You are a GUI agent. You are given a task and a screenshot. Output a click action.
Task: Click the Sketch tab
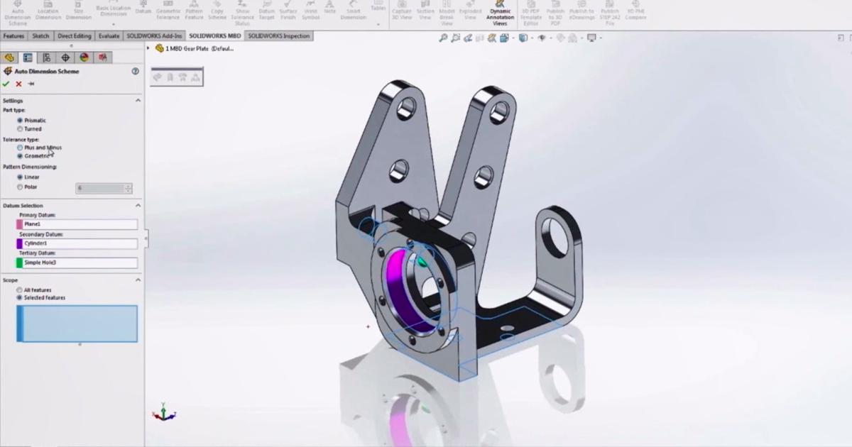pos(40,35)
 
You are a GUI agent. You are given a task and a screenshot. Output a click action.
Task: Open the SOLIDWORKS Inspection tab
pos(278,35)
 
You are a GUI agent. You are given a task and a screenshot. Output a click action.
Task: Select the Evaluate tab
pos(109,35)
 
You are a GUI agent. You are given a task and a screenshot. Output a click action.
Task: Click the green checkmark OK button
pos(6,84)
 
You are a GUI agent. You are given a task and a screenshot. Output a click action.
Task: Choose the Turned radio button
pos(20,129)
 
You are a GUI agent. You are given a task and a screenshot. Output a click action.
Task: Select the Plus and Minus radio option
pos(20,148)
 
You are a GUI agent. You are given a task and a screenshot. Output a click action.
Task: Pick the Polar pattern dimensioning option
pos(20,187)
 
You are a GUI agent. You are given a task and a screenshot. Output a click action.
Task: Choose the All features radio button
pos(20,290)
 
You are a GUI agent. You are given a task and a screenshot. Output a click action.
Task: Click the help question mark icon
pos(135,71)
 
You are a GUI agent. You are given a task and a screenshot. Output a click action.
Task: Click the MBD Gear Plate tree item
pos(199,48)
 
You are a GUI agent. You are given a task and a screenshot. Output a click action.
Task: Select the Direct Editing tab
pos(74,35)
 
